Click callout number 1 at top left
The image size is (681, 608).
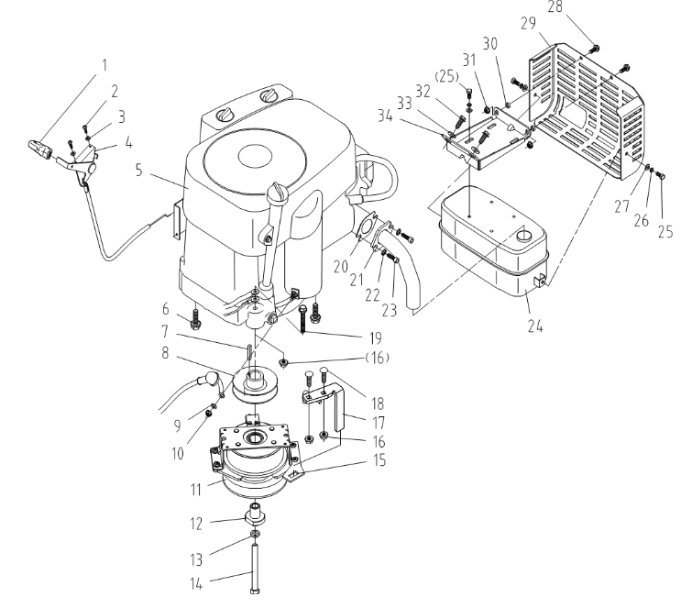(104, 65)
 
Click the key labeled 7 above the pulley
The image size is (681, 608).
(248, 352)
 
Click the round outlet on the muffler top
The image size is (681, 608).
(522, 235)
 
